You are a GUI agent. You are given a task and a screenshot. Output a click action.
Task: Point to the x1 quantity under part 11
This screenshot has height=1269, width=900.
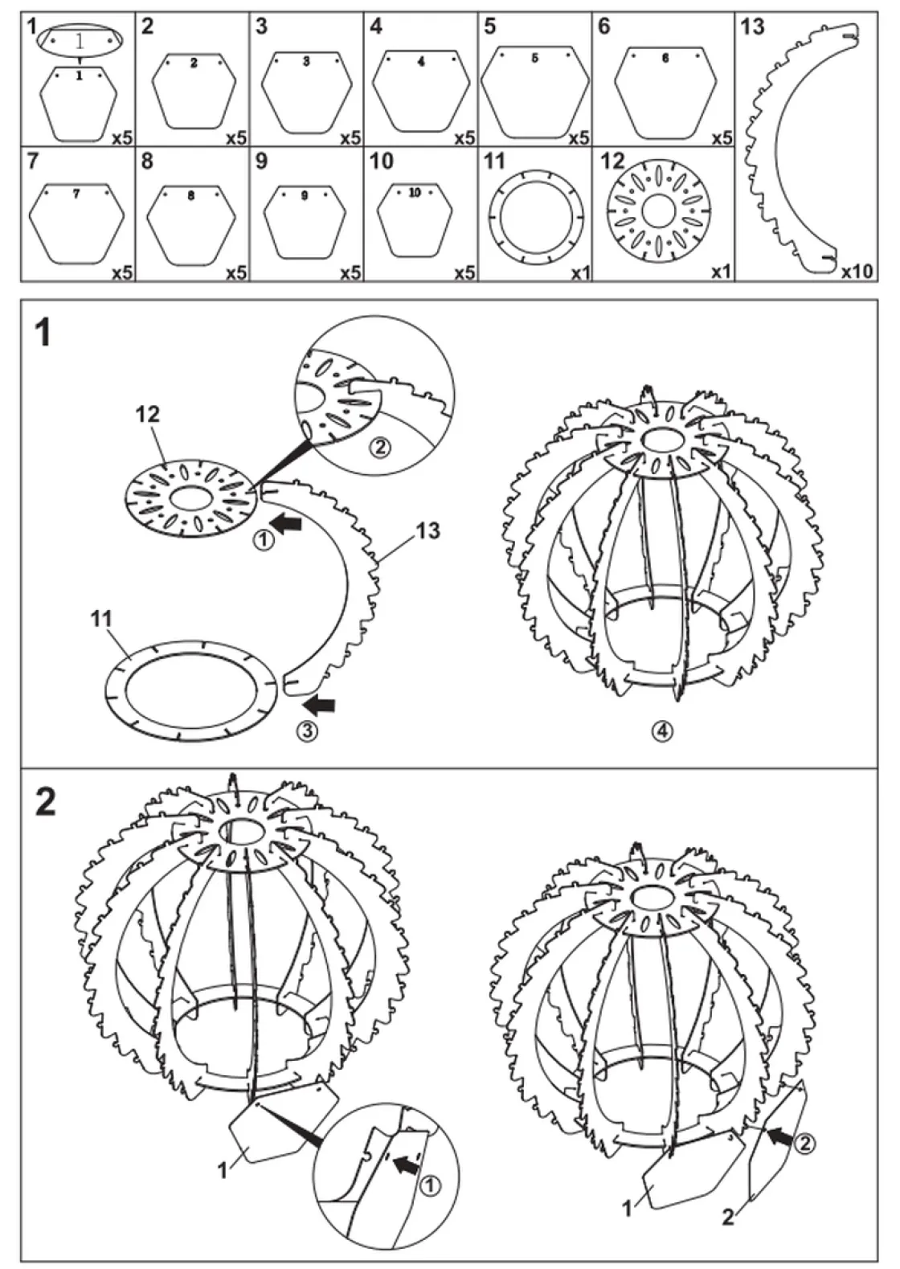580,272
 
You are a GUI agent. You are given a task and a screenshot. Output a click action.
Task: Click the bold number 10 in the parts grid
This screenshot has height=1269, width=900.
381,162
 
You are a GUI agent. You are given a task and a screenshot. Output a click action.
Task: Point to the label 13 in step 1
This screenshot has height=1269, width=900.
428,530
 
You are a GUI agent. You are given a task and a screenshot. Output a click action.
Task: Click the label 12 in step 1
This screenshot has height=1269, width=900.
149,415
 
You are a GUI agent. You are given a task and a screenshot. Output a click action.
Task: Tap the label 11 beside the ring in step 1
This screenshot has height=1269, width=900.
101,619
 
